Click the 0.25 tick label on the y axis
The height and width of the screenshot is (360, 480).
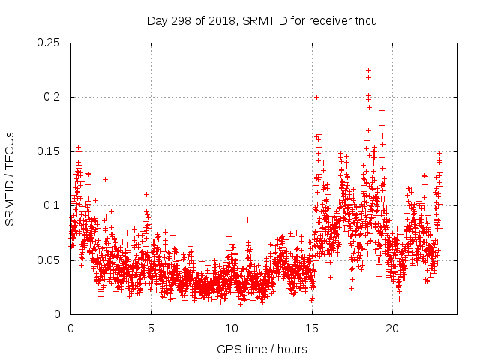coord(51,43)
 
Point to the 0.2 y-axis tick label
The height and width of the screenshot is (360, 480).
coord(54,97)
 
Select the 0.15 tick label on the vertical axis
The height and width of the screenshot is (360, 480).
coord(51,151)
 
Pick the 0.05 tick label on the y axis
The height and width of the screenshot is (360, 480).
coord(51,260)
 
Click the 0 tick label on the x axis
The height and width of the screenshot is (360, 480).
coord(70,328)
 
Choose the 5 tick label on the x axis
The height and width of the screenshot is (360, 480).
coord(151,328)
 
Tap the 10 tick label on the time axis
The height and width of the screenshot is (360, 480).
coord(231,328)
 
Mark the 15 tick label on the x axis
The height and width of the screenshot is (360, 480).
coord(311,328)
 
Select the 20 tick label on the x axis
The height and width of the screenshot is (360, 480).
coord(391,328)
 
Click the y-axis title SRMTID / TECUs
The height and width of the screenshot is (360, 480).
coord(10,178)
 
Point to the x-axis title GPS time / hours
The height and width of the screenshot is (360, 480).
coord(262,349)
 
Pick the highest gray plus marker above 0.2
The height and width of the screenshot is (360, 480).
coord(368,70)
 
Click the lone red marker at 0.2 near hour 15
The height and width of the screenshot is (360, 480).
coord(316,97)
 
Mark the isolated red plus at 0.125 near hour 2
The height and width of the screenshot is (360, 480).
coord(105,179)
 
